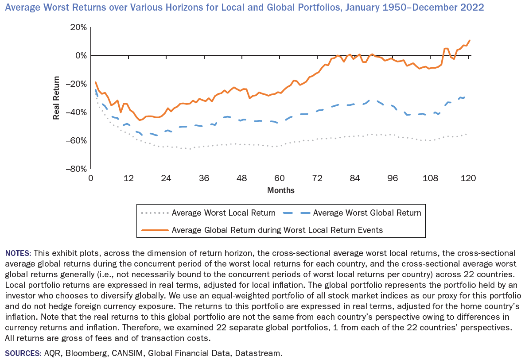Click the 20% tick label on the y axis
[x=78, y=27]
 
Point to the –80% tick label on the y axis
[x=76, y=169]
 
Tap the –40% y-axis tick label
[x=76, y=112]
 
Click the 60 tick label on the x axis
[x=280, y=178]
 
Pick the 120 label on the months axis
[x=468, y=178]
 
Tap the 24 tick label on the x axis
[x=166, y=178]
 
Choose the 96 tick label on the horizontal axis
[x=393, y=178]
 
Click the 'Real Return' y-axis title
[x=57, y=98]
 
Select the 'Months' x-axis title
[x=280, y=190]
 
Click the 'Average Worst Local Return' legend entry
[x=223, y=213]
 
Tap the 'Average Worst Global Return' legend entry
[x=367, y=213]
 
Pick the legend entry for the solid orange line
[x=277, y=230]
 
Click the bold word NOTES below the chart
[x=18, y=253]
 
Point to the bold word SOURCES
[x=23, y=353]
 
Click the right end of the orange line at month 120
[x=470, y=40]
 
